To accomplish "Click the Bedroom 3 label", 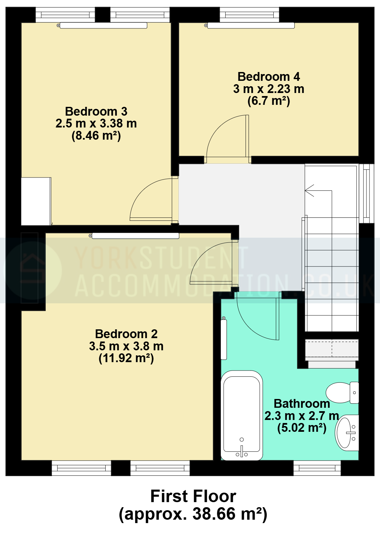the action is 96,112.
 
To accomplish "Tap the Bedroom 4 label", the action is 269,77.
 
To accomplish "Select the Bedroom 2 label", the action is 126,334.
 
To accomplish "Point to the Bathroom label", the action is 302,404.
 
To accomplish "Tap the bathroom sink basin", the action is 347,433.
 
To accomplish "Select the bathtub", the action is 241,415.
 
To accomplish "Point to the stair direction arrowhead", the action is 309,191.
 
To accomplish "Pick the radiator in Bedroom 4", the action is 251,25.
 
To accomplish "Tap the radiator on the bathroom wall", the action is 224,339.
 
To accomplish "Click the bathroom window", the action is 317,468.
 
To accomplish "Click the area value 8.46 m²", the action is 96,136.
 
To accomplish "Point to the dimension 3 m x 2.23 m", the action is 269,89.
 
